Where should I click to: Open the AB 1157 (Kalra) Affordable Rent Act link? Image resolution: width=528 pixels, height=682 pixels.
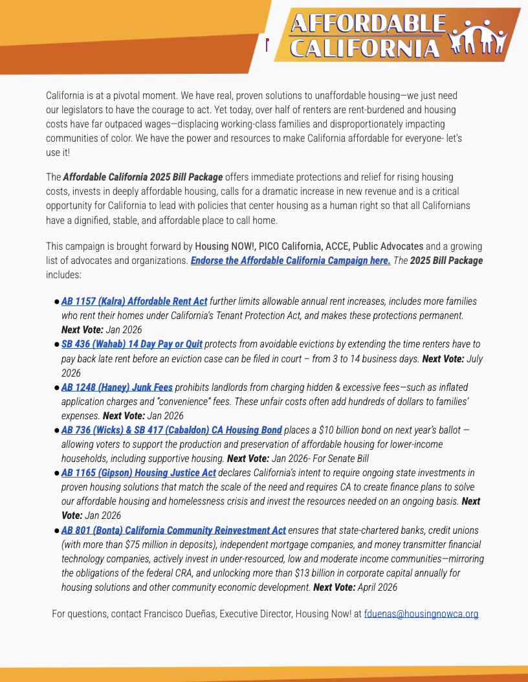click(134, 302)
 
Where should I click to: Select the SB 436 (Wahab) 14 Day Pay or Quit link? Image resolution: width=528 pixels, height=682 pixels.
click(131, 344)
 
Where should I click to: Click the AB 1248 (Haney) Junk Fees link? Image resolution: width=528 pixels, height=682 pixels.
click(116, 387)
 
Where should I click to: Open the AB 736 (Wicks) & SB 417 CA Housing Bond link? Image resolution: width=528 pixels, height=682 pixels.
click(171, 430)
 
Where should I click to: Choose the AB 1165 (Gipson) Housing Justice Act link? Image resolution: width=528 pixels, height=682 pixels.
click(138, 472)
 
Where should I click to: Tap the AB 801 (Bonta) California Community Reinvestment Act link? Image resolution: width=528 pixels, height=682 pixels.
click(173, 530)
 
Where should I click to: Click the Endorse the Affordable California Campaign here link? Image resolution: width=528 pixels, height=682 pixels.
click(291, 260)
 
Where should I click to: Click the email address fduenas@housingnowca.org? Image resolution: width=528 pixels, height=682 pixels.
click(421, 613)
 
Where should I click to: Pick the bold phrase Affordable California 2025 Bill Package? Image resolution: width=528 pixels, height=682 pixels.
click(143, 177)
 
